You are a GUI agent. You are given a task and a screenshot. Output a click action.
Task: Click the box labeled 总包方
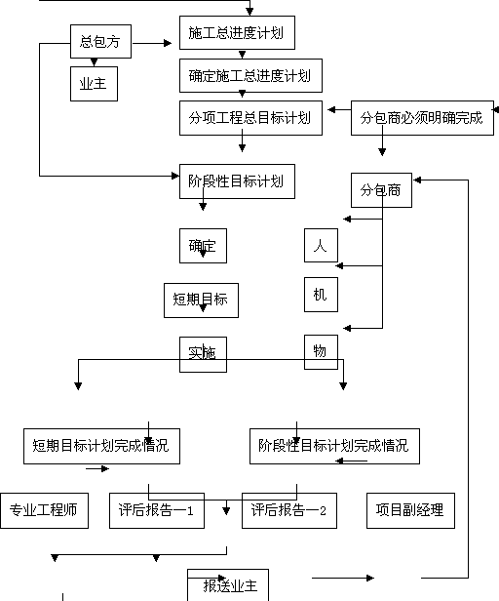(100, 41)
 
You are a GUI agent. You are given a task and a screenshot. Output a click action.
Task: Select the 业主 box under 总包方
(94, 84)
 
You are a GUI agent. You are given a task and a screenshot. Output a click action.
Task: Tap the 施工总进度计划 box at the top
(237, 32)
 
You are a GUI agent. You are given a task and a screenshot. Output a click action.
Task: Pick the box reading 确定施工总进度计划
(250, 75)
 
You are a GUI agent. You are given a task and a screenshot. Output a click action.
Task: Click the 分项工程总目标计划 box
(250, 118)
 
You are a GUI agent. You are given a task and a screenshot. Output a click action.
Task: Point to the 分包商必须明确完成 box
(422, 118)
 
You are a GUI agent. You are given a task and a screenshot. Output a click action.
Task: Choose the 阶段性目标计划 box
(237, 181)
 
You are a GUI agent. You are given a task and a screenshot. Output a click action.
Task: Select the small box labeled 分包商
(381, 190)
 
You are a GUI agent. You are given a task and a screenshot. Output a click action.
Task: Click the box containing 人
(321, 245)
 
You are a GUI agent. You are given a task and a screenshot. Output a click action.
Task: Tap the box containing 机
(321, 295)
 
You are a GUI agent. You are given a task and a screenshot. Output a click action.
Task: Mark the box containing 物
(321, 352)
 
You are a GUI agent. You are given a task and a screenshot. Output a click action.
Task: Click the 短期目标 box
(201, 300)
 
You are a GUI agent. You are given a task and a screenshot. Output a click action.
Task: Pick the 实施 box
(203, 354)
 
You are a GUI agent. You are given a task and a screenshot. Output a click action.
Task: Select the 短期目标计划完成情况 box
(102, 446)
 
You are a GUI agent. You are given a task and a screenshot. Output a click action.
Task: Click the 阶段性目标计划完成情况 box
(334, 446)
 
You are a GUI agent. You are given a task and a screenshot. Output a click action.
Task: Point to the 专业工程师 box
(45, 510)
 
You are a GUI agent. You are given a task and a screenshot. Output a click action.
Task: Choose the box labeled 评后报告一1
(157, 510)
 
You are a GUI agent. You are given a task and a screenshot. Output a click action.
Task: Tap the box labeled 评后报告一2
(289, 510)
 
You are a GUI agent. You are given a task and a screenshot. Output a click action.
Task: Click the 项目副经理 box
(410, 510)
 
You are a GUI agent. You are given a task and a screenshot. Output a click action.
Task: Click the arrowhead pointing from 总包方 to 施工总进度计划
(168, 43)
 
